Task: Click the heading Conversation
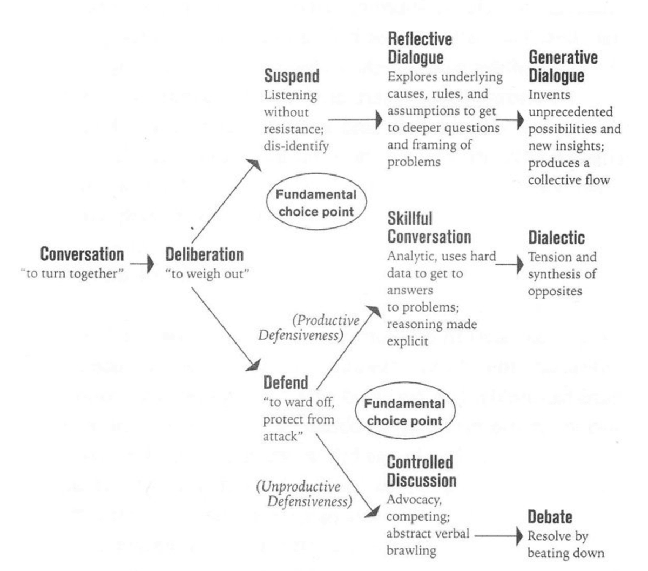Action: point(82,254)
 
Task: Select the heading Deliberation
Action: point(204,254)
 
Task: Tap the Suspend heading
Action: point(292,76)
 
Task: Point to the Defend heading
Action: point(286,382)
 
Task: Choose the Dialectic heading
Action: point(557,238)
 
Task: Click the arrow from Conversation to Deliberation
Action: point(142,264)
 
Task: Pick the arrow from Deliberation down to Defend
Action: point(226,329)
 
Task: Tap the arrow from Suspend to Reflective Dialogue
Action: point(355,120)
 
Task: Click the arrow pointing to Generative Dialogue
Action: point(510,120)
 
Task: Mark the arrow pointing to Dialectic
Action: point(510,264)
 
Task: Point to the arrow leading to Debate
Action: point(499,535)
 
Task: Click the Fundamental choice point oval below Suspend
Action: point(316,174)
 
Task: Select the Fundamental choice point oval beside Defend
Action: point(405,384)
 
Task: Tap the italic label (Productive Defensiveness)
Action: point(309,327)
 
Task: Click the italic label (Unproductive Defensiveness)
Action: point(304,494)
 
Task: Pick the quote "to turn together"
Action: point(72,273)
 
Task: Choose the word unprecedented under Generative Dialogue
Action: point(571,112)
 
